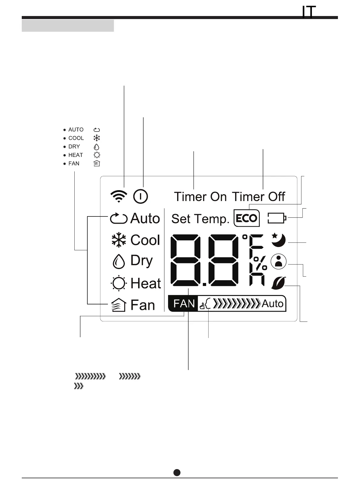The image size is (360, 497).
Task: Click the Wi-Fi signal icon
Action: click(x=119, y=197)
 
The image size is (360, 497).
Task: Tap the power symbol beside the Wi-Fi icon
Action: click(x=141, y=197)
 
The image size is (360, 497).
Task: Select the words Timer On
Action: click(x=200, y=197)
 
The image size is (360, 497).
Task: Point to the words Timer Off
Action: click(x=258, y=197)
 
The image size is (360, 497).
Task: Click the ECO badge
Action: click(x=247, y=218)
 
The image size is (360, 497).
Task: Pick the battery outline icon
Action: click(x=277, y=218)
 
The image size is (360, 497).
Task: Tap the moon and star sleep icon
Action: click(x=278, y=240)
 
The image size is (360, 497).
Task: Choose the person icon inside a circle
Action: click(x=279, y=261)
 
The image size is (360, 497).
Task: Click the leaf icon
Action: click(x=278, y=283)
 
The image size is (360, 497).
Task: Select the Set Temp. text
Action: click(x=200, y=219)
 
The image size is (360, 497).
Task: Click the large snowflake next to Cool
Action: click(x=119, y=240)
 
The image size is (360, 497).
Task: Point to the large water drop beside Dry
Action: click(x=119, y=261)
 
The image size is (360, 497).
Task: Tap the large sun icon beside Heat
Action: click(x=118, y=284)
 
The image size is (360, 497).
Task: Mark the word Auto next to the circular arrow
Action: click(x=145, y=218)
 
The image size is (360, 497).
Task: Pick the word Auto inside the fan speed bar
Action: click(x=272, y=304)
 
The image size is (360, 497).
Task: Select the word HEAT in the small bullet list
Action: click(x=76, y=155)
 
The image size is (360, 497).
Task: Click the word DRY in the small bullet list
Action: click(x=74, y=147)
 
